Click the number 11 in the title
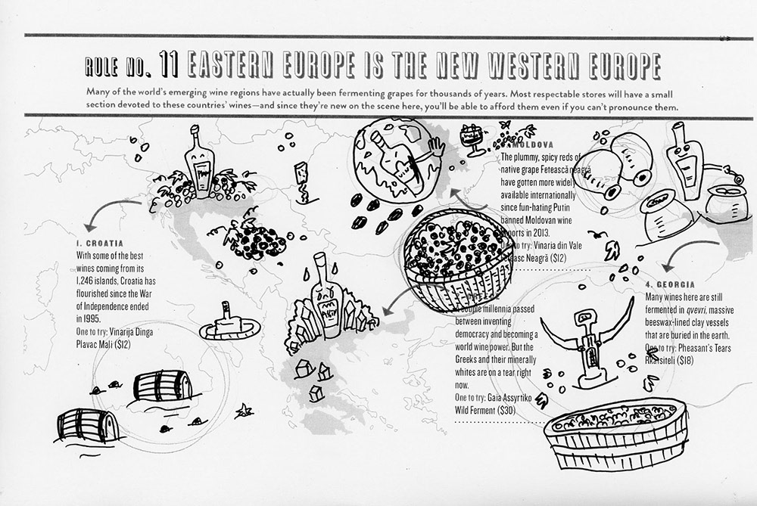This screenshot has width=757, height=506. coord(170,66)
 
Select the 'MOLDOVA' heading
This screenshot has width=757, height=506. coord(534,144)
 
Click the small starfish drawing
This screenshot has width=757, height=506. coord(244,411)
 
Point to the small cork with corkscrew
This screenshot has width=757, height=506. coord(301,182)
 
